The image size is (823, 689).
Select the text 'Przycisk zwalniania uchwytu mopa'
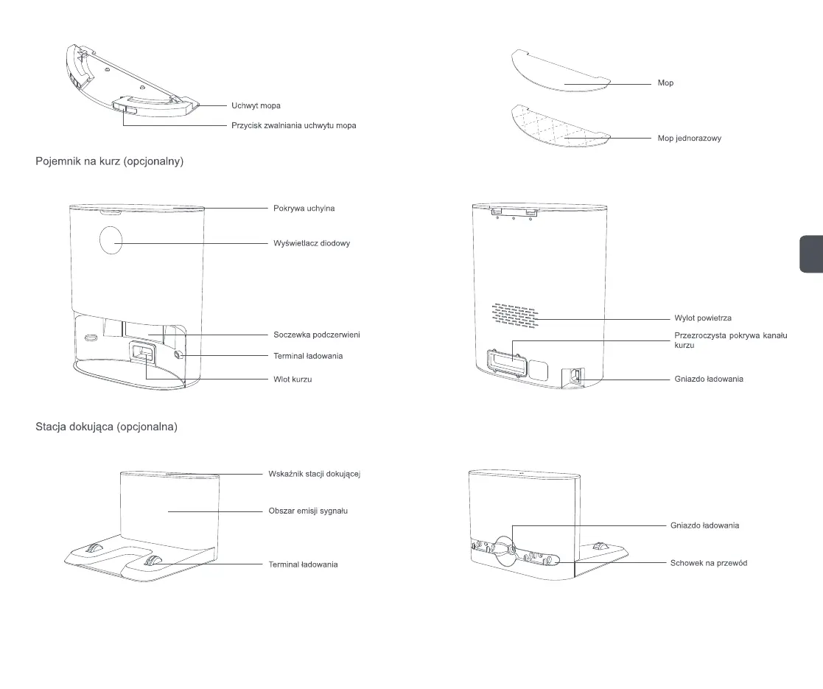point(293,126)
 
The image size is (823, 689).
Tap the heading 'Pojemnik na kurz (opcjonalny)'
point(109,161)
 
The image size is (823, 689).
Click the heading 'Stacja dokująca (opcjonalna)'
point(106,426)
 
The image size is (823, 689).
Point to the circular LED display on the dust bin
point(110,241)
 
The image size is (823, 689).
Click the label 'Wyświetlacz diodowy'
point(311,243)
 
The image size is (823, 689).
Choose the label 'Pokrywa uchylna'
point(304,209)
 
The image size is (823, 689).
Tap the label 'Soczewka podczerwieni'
point(316,335)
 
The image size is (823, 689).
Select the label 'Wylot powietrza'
point(703,318)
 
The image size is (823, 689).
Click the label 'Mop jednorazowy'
point(689,139)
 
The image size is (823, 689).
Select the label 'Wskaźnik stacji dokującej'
point(314,473)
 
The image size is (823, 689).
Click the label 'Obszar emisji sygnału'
point(307,511)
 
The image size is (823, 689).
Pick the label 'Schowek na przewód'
point(709,563)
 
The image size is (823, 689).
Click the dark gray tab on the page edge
point(810,254)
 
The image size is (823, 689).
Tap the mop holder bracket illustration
point(129,81)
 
